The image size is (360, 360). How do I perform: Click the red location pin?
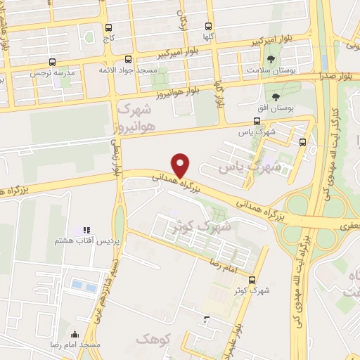tap(181, 165)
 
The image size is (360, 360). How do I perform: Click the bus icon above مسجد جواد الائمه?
tap(127, 60)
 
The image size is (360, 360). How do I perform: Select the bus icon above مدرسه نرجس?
tap(34, 61)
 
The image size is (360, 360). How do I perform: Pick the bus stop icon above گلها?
tap(208, 25)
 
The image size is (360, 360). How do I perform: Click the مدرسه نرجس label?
tap(48, 72)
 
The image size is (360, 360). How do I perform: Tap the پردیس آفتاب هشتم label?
tap(80, 241)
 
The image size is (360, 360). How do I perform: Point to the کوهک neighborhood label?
tap(155, 340)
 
